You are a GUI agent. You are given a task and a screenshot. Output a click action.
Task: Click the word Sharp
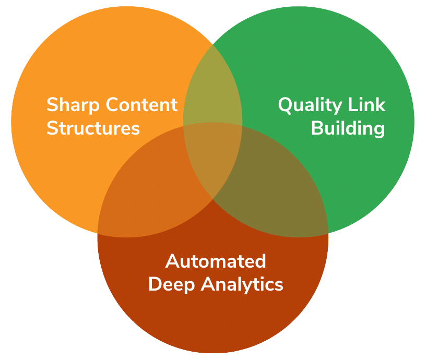(73, 105)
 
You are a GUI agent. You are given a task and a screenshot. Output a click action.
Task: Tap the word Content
(141, 105)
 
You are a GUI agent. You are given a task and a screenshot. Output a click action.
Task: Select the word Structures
(93, 128)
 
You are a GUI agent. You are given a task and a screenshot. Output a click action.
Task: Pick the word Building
(348, 128)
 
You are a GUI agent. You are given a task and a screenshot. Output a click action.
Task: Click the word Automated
(216, 261)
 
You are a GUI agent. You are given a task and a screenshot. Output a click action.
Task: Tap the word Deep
(172, 284)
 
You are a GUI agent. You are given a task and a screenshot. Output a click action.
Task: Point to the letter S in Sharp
(52, 105)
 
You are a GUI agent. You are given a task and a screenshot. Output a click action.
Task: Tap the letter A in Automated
(172, 261)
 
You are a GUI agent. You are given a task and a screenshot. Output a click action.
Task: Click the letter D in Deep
(155, 284)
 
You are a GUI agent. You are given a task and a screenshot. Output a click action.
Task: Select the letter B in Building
(317, 128)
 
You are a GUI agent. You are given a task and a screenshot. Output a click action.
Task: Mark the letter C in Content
(113, 105)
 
